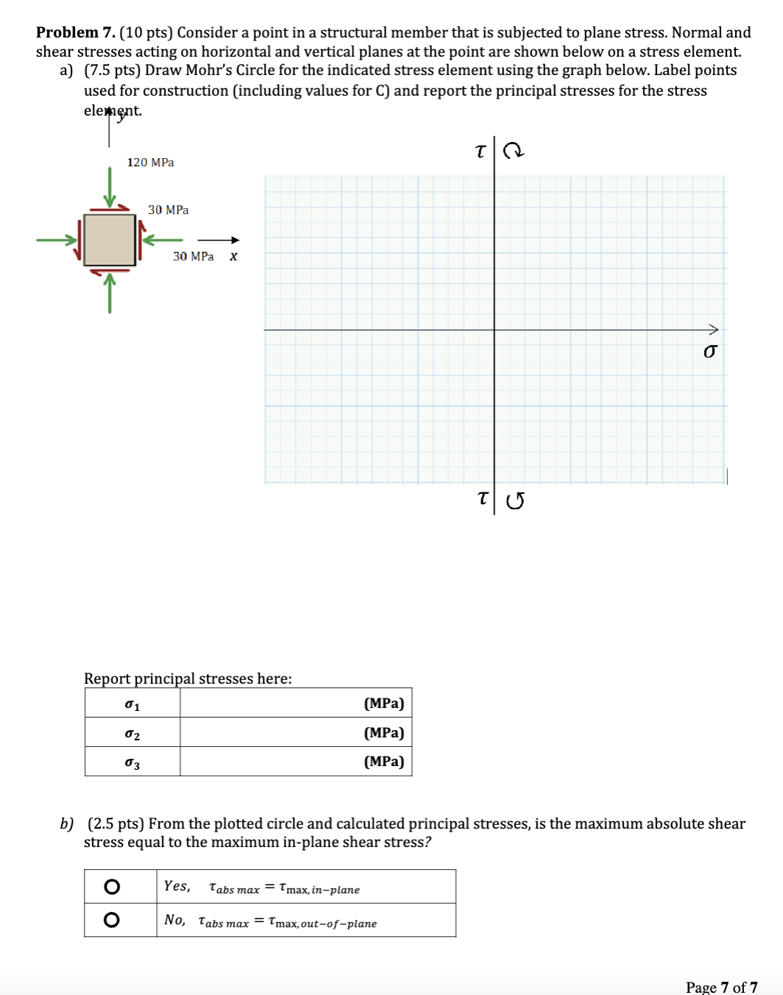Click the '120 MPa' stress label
[150, 162]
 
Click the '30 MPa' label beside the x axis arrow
[193, 256]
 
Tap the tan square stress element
[110, 240]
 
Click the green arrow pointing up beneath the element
[110, 292]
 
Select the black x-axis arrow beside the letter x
[219, 240]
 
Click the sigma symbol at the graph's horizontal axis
[709, 352]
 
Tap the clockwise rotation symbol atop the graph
[514, 151]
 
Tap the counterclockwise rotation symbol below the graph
[515, 501]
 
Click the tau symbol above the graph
[481, 152]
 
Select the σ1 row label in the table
[132, 704]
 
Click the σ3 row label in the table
[132, 762]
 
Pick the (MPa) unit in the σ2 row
[383, 732]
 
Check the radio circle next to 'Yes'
[112, 886]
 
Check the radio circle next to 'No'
[112, 920]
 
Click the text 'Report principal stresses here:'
[188, 679]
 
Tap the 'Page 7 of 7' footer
[721, 987]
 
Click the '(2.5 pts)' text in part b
[116, 824]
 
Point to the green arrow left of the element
[57, 239]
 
